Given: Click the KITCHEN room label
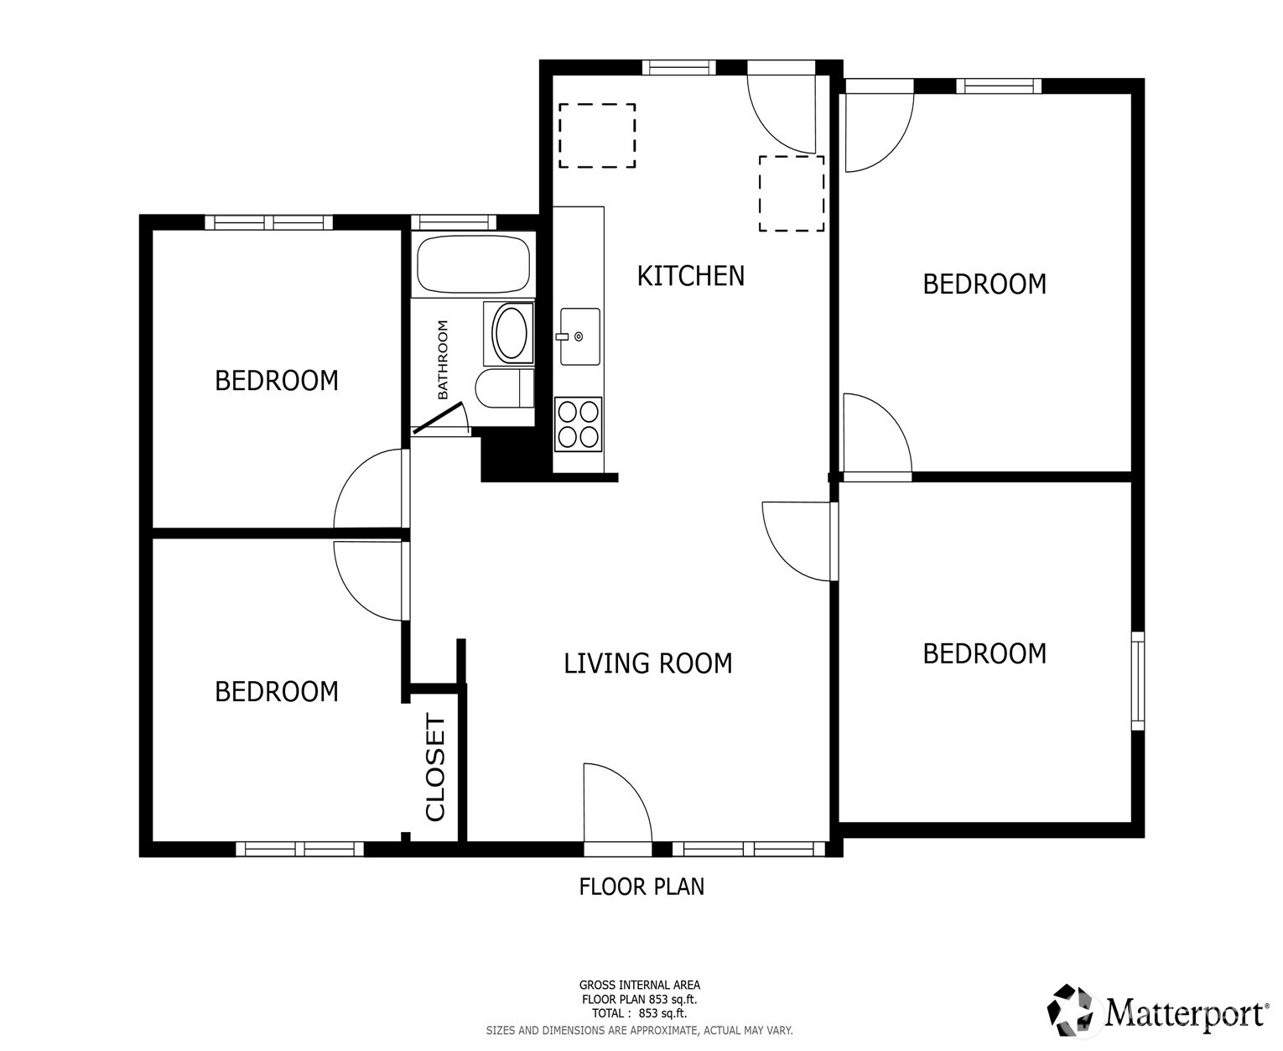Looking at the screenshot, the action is pos(690,276).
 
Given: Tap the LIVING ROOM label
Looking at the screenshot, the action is pos(648,663).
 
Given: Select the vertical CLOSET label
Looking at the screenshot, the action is pos(435,768).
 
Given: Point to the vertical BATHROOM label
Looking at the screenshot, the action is pos(443,360).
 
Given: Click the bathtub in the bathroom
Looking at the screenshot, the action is pos(473,264).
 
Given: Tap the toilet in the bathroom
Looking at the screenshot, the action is pos(504,388).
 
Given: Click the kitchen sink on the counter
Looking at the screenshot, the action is pos(579,336).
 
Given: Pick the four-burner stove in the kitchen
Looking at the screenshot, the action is pos(578,424).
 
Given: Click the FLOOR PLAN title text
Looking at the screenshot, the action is pos(641,887).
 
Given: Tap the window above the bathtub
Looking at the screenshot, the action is pos(453,222).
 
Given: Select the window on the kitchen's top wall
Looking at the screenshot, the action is pos(679,67).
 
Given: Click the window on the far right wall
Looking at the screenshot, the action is pos(1138,680).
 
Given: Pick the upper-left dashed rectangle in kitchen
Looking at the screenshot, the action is pos(597,135).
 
